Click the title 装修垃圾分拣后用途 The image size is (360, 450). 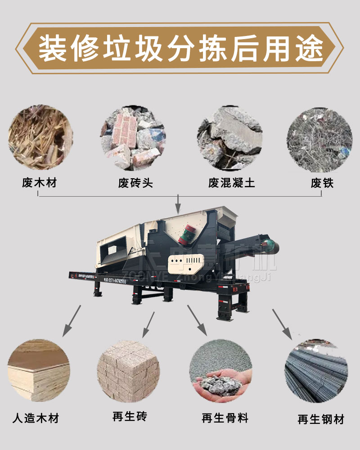[x=180, y=48]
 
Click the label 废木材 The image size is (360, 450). [x=40, y=183]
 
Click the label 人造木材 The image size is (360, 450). [x=36, y=418]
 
